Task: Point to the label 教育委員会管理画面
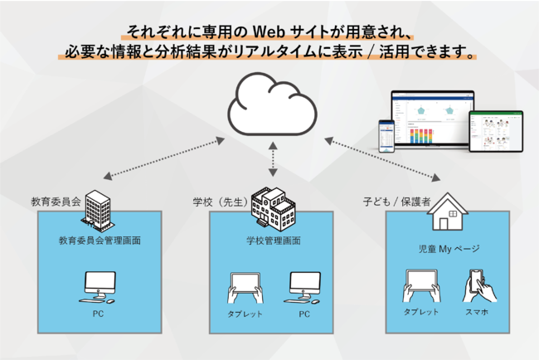[x=100, y=241]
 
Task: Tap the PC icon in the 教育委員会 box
[x=100, y=287]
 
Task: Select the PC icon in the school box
[x=303, y=287]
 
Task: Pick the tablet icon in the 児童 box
[x=420, y=287]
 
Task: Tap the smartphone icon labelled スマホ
[x=479, y=286]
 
